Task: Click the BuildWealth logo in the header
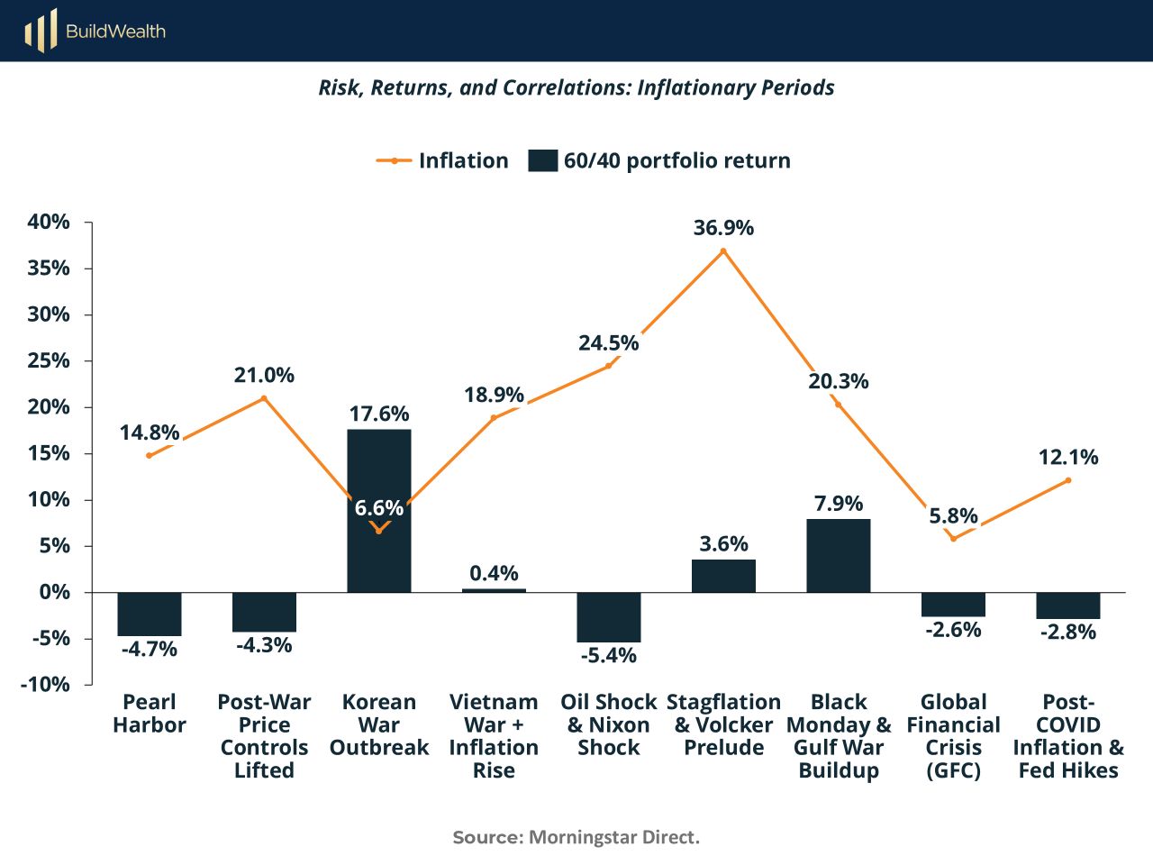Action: click(x=95, y=32)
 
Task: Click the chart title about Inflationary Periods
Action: click(x=576, y=87)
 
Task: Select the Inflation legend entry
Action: click(x=443, y=160)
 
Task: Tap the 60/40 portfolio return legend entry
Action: click(x=659, y=160)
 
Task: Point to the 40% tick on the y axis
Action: click(x=49, y=222)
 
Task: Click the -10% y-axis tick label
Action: click(x=45, y=684)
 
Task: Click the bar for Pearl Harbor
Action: click(x=150, y=614)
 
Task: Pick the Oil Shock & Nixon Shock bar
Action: click(x=609, y=617)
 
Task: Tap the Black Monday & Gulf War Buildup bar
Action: click(x=839, y=556)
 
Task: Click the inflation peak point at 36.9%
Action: click(x=723, y=250)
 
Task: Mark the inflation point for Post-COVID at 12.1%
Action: click(x=1068, y=480)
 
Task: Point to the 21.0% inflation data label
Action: click(x=264, y=375)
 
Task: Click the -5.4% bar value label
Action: click(x=609, y=655)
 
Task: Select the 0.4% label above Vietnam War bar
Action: click(x=494, y=573)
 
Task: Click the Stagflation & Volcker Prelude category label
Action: click(x=723, y=724)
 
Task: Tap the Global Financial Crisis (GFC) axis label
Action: click(x=953, y=735)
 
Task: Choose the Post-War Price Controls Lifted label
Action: click(x=264, y=735)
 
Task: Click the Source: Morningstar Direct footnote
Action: click(x=576, y=837)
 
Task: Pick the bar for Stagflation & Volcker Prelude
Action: click(x=723, y=576)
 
